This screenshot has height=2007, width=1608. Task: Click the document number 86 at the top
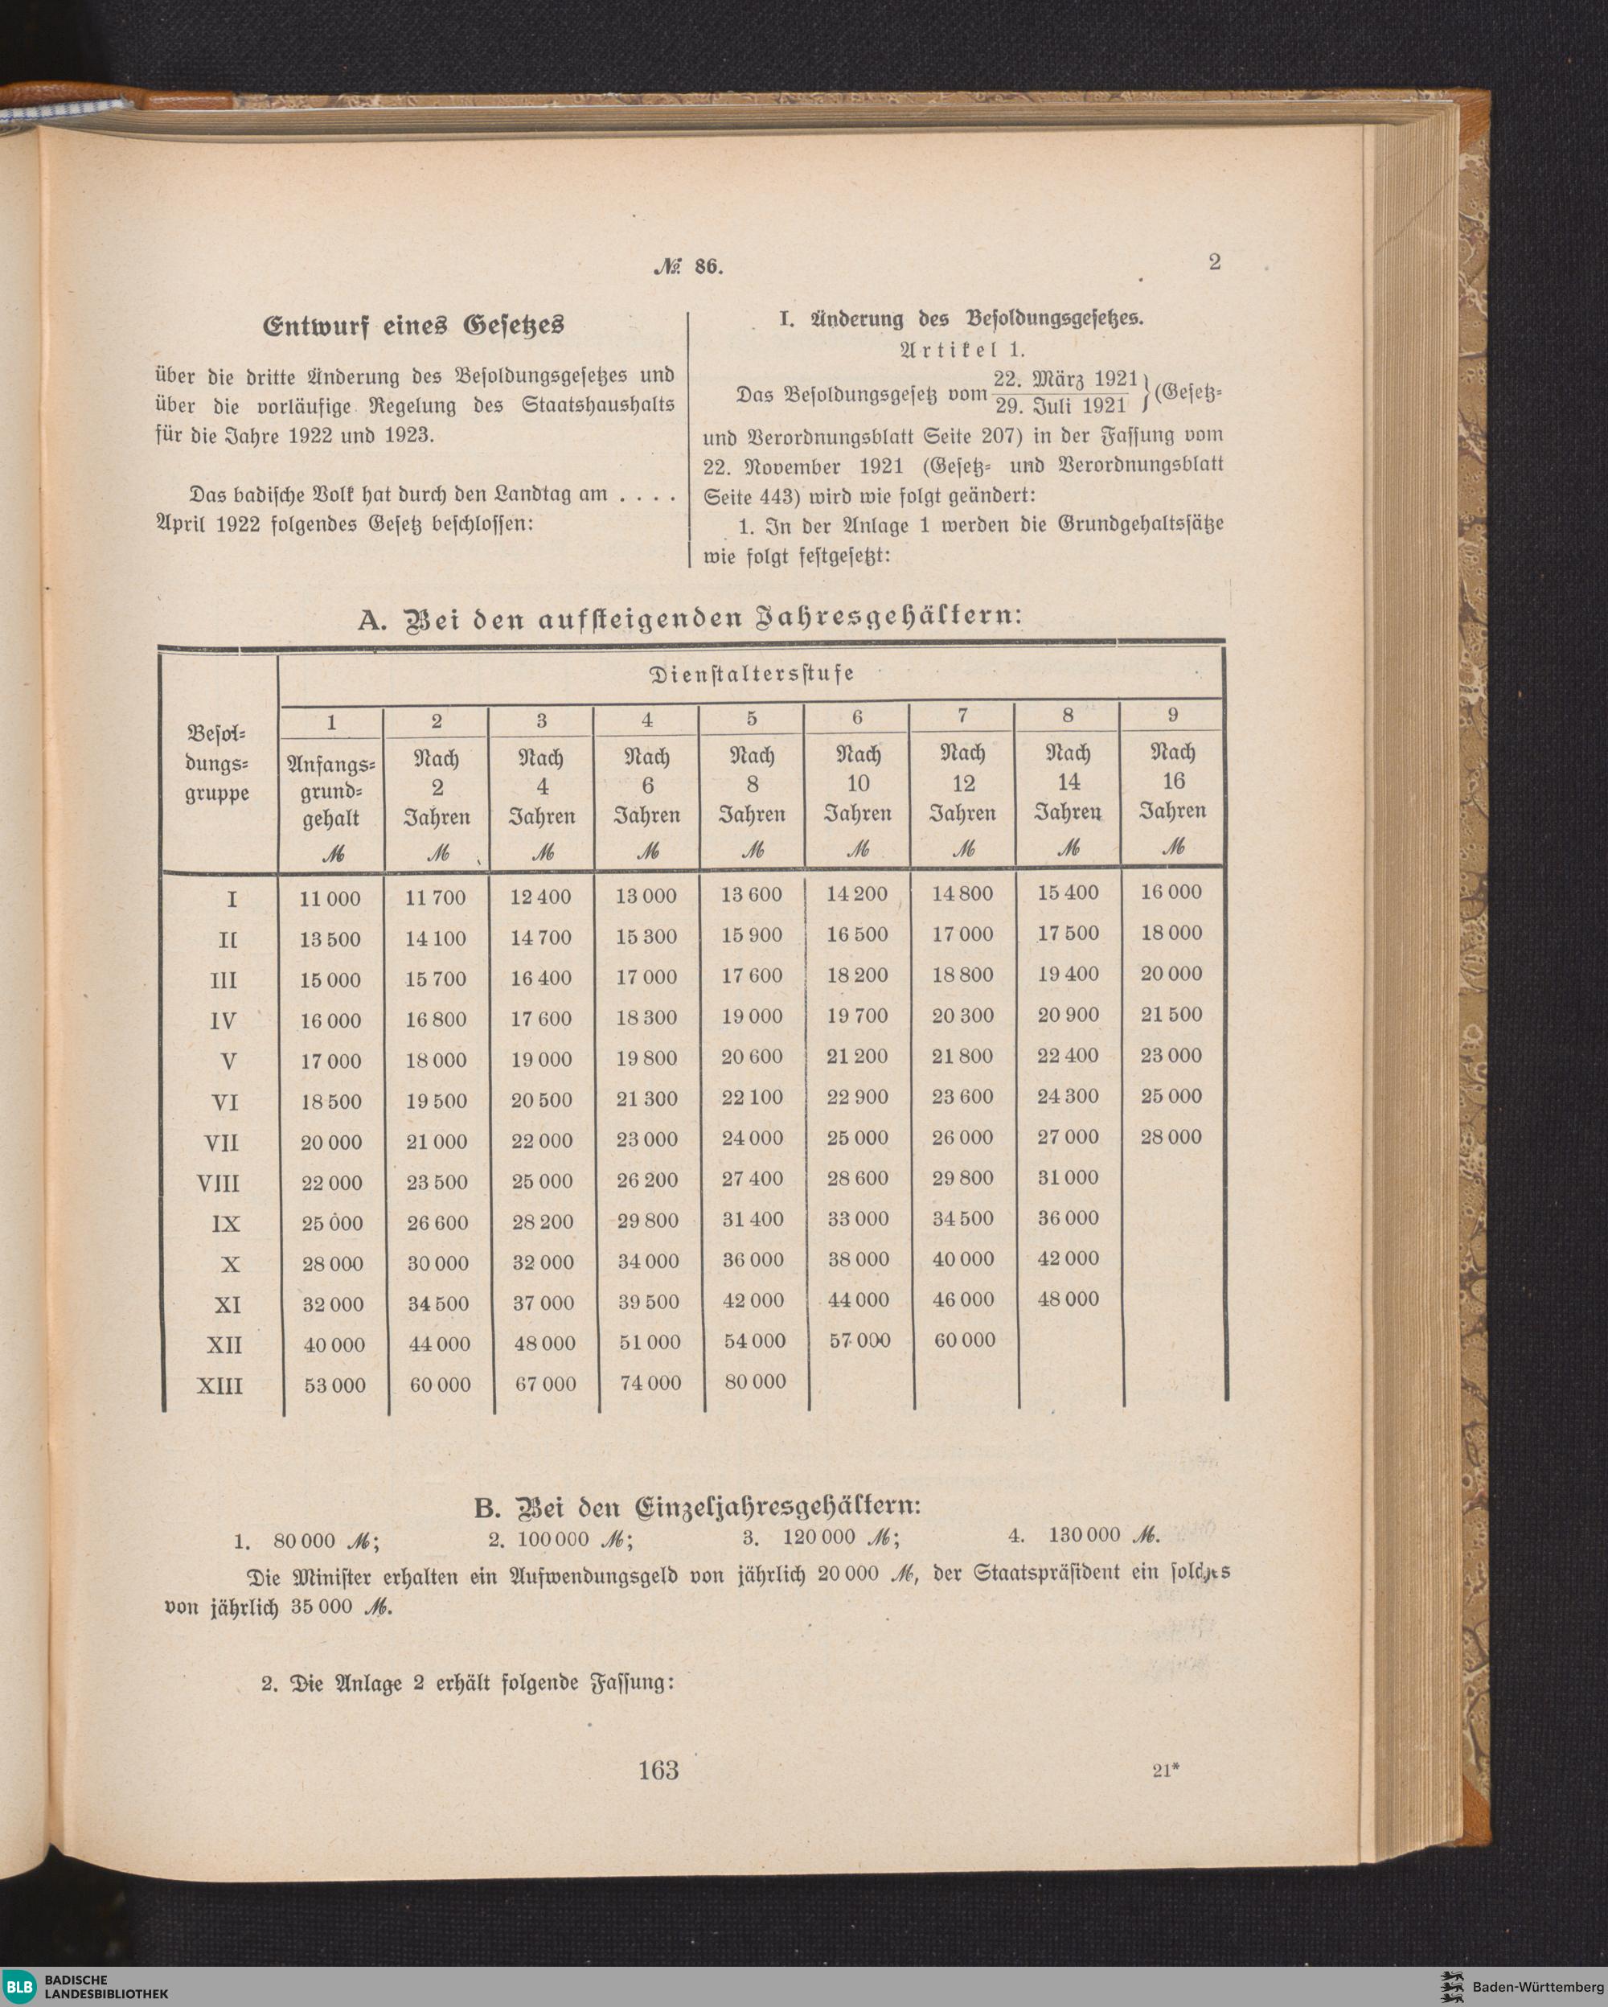[708, 266]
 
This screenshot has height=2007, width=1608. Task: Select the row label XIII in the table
[219, 1386]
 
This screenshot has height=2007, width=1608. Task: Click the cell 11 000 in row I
[330, 898]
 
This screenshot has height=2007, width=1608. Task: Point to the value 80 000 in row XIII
[754, 1382]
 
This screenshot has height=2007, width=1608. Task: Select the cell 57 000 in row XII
[858, 1341]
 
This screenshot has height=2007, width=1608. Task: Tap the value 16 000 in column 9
[1171, 893]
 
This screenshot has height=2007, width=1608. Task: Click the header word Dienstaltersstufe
[751, 674]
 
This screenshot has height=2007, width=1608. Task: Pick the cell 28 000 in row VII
[1171, 1138]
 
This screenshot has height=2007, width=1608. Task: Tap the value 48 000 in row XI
[1069, 1299]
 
